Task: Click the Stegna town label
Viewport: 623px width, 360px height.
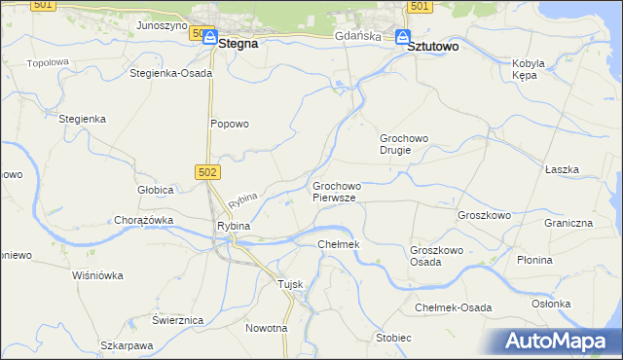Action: (x=238, y=44)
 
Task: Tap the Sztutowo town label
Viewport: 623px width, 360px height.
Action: (x=433, y=45)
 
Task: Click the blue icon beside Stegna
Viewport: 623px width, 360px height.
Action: (x=209, y=38)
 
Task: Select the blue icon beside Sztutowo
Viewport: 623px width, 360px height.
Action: (x=403, y=38)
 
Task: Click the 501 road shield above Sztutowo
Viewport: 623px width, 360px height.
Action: (x=419, y=7)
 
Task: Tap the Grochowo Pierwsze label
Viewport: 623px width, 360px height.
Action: (x=336, y=192)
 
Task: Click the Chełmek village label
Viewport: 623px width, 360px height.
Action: (x=339, y=243)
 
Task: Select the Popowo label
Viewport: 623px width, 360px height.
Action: (x=231, y=124)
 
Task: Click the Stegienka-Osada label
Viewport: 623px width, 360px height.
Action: (x=170, y=73)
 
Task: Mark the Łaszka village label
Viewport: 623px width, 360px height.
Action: (x=563, y=169)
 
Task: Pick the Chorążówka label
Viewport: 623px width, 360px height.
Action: (x=144, y=220)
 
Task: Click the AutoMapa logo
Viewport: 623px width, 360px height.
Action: (x=560, y=341)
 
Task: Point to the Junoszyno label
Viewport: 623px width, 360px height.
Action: (x=162, y=25)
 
